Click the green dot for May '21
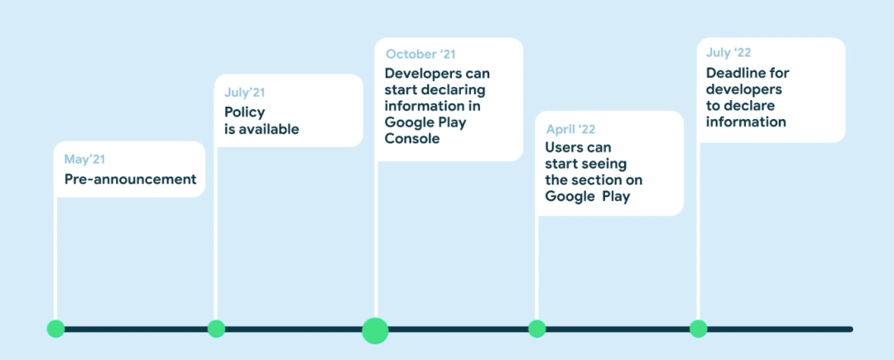point(55,329)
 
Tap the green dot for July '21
point(216,329)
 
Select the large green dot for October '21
point(375,329)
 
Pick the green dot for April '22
point(537,329)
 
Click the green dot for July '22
point(699,329)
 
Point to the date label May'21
point(85,159)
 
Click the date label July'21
point(245,93)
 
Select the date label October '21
point(421,55)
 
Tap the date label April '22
point(570,129)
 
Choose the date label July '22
point(728,53)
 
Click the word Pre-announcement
point(131,179)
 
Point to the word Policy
point(244,112)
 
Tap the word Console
point(412,139)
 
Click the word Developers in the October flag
point(423,73)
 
